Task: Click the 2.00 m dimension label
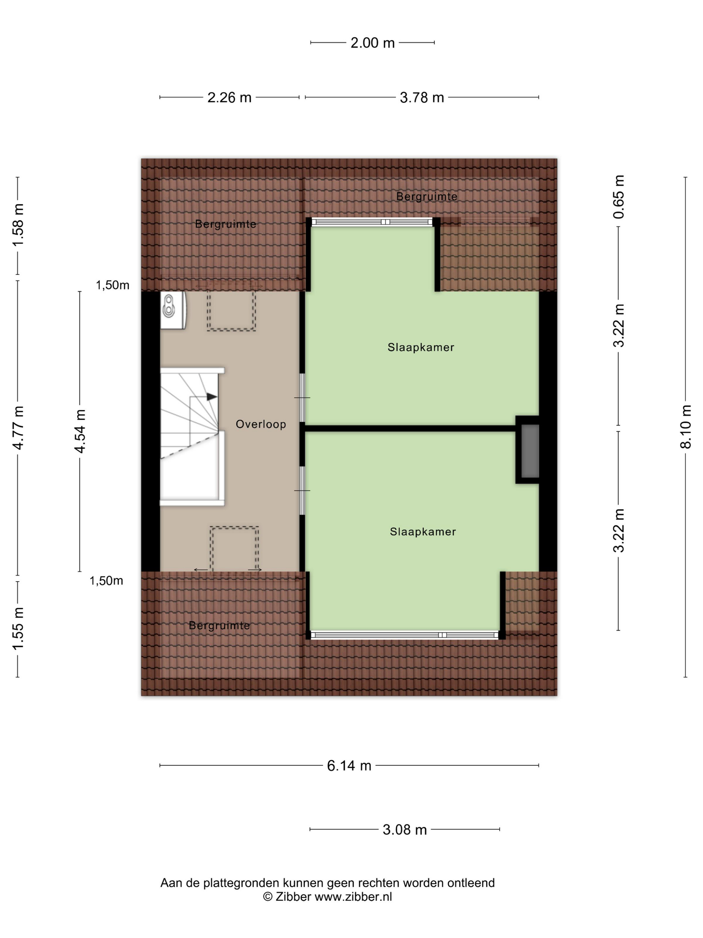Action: pyautogui.click(x=373, y=43)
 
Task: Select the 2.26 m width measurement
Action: pyautogui.click(x=229, y=97)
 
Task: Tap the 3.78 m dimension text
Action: pyautogui.click(x=421, y=97)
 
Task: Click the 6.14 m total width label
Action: pyautogui.click(x=349, y=766)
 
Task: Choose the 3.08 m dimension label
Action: pyautogui.click(x=405, y=830)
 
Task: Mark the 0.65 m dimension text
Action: pyautogui.click(x=619, y=197)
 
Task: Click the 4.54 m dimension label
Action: pyautogui.click(x=80, y=431)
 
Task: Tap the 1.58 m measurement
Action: pyautogui.click(x=18, y=225)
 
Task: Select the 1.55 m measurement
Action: pyautogui.click(x=18, y=628)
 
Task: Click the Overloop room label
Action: pyautogui.click(x=260, y=424)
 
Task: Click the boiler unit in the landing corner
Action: pyautogui.click(x=173, y=311)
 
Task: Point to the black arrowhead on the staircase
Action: pyautogui.click(x=212, y=397)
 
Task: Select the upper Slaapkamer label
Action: pyautogui.click(x=421, y=347)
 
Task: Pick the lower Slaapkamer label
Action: pyautogui.click(x=423, y=532)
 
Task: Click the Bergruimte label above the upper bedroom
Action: pyautogui.click(x=427, y=196)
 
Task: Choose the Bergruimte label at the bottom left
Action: pyautogui.click(x=219, y=625)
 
